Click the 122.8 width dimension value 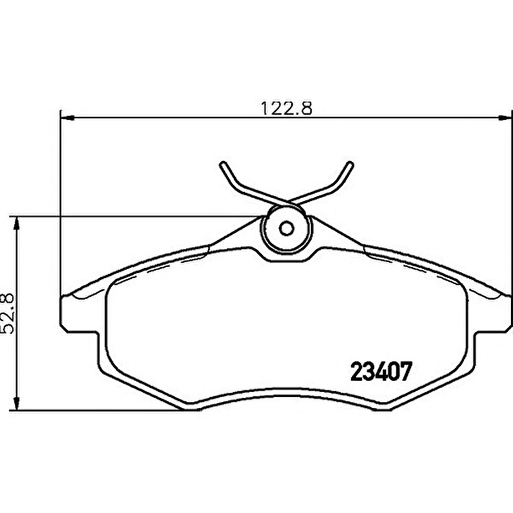tap(286, 108)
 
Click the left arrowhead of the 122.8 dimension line tap(66, 117)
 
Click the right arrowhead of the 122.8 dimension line tap(505, 117)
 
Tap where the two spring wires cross tap(286, 202)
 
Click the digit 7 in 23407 tap(405, 372)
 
